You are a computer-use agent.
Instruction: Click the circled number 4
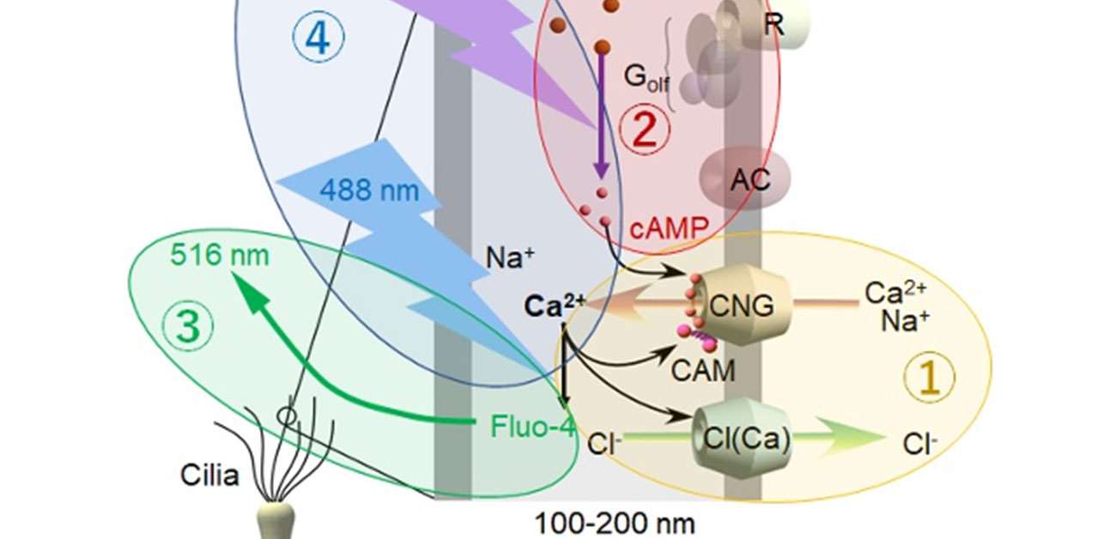(x=318, y=39)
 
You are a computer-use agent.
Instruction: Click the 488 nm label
(x=370, y=190)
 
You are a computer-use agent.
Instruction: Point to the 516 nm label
(x=219, y=255)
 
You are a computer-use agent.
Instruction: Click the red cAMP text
(x=668, y=227)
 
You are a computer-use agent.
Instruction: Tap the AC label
(x=750, y=180)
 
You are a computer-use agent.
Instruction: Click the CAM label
(x=703, y=371)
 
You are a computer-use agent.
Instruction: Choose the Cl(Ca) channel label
(x=741, y=443)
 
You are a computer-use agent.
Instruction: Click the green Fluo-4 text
(x=532, y=426)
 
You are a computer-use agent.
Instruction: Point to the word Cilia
(x=209, y=475)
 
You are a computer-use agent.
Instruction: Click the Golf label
(x=646, y=79)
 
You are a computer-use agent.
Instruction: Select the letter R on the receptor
(x=773, y=24)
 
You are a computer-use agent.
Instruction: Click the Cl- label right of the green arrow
(x=919, y=444)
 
